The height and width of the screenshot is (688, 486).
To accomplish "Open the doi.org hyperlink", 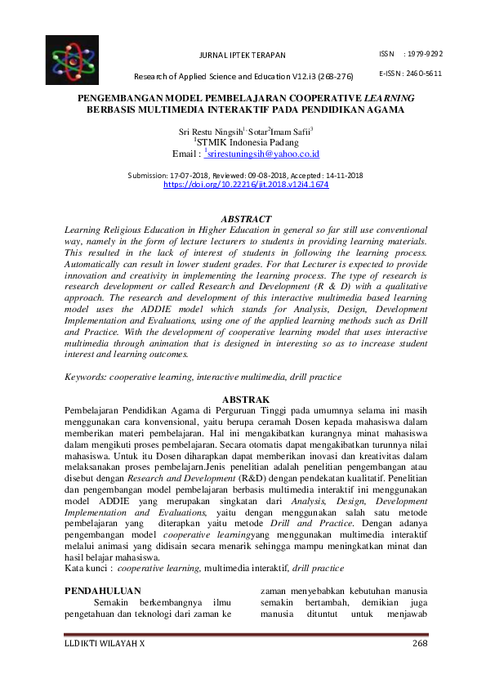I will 246,185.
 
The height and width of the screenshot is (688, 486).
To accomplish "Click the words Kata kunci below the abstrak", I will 87,567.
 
